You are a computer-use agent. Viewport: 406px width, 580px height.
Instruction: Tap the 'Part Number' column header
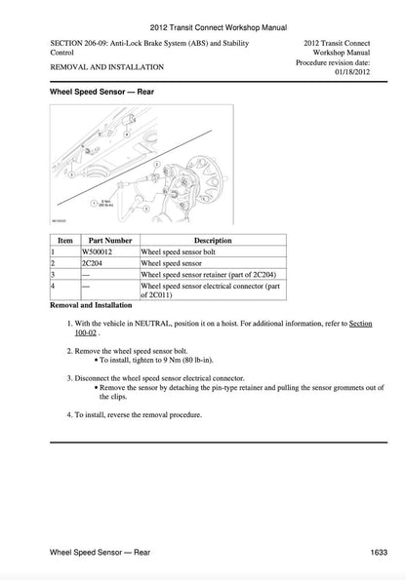click(x=110, y=239)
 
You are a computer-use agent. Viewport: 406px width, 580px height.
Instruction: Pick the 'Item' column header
click(x=65, y=239)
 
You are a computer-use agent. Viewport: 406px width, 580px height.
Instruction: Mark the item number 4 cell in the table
click(x=65, y=289)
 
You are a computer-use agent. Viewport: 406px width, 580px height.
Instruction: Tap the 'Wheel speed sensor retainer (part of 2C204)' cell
click(x=211, y=275)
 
